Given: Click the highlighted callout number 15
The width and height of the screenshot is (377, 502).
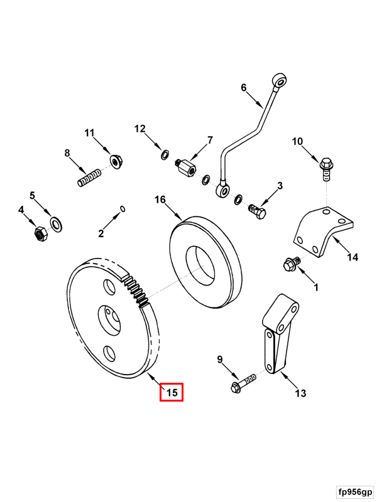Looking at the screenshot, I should (171, 393).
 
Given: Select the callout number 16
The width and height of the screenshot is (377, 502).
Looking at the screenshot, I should (160, 200).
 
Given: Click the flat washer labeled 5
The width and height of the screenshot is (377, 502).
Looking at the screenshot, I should (56, 223).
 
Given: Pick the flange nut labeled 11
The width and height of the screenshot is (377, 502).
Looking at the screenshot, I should (116, 161).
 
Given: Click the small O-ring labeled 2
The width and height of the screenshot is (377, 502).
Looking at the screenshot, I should (123, 209).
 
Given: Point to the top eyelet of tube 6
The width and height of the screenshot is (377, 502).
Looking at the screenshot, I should (280, 80).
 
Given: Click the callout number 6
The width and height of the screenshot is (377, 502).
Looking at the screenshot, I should (244, 88).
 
